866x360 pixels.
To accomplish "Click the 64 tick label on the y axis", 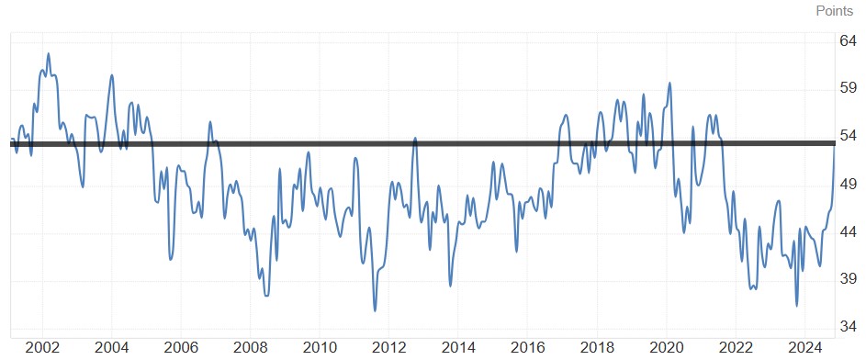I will [849, 40].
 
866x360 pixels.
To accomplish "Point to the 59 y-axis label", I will [849, 88].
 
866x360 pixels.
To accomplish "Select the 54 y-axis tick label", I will [849, 136].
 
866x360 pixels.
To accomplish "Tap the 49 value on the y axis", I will [849, 184].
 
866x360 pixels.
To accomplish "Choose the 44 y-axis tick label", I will [849, 231].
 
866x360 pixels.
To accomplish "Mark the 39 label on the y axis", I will [849, 279].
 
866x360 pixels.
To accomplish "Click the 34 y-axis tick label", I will [849, 327].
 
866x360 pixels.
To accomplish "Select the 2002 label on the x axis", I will [42, 348].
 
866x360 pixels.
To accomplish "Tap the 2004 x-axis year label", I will [111, 348].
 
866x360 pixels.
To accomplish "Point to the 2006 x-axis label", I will [181, 348].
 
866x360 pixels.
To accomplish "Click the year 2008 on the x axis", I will [250, 348].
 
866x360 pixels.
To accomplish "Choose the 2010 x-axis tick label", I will [320, 348].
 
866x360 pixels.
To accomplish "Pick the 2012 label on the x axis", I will [389, 348].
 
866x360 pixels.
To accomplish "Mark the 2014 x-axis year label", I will [458, 348].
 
